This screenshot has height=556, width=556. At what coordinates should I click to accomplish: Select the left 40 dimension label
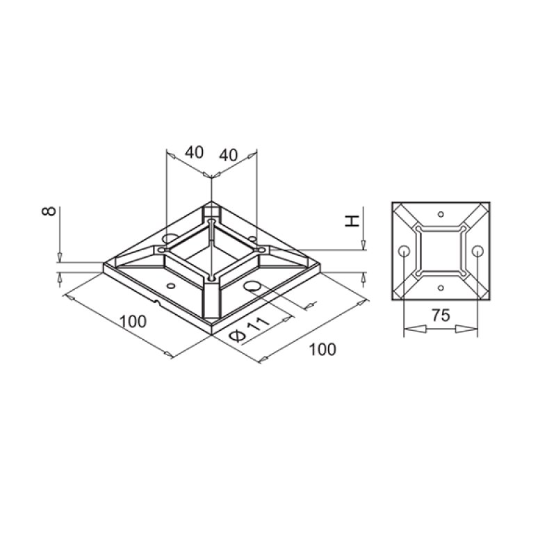click(x=195, y=152)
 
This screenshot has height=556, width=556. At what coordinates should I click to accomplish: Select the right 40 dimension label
click(x=229, y=154)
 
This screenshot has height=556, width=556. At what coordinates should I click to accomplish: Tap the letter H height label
click(x=352, y=221)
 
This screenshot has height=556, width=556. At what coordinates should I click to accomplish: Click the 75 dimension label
click(x=439, y=314)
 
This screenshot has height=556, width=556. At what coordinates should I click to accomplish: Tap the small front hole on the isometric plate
click(x=172, y=285)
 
